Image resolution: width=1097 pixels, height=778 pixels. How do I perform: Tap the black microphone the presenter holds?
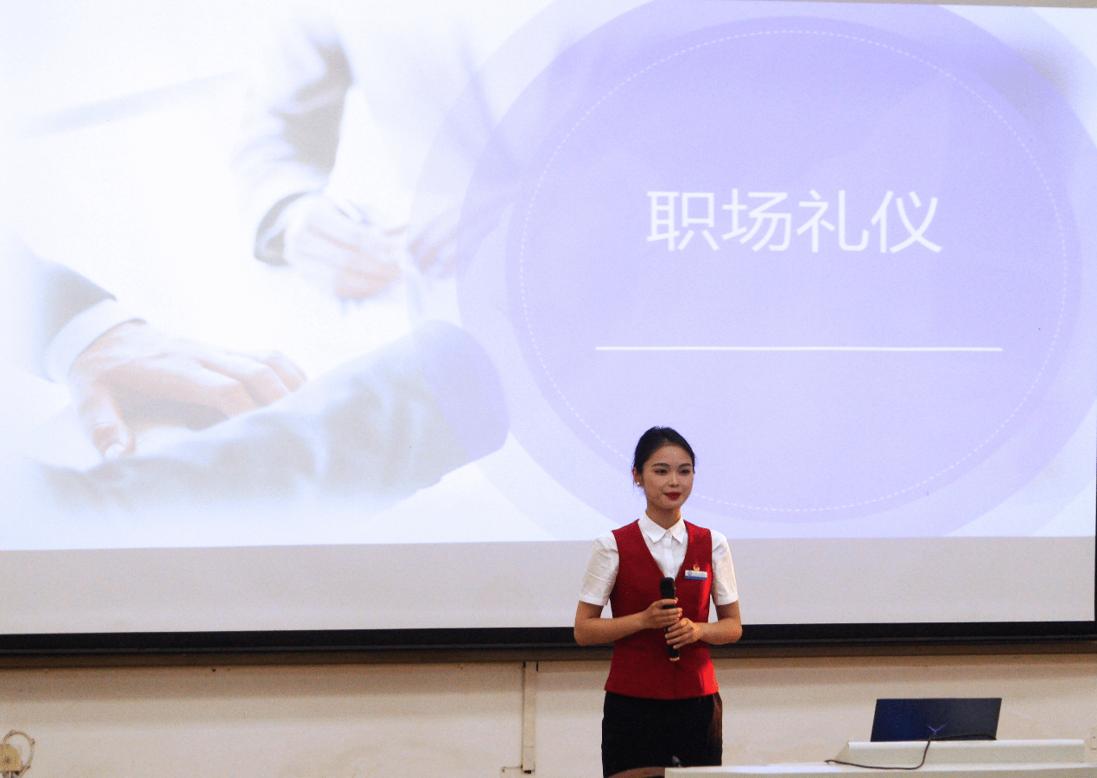point(669,618)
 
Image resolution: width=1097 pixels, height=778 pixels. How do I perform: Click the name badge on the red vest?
point(696,575)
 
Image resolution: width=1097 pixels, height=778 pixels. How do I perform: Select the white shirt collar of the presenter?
point(663,531)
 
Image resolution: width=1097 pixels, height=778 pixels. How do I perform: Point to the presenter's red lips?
point(673,495)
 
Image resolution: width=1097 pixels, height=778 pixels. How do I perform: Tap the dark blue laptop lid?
point(935,719)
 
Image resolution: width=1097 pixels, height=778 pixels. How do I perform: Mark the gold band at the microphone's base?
point(675,659)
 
